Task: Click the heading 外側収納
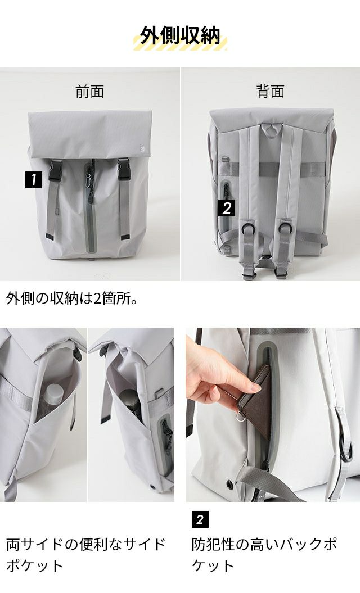[x=180, y=37]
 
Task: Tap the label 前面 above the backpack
[x=89, y=92]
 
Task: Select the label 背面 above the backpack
[x=271, y=92]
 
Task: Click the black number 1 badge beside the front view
[x=34, y=180]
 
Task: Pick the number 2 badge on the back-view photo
[x=227, y=208]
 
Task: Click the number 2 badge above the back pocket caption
[x=200, y=519]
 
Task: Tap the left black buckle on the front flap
[x=55, y=170]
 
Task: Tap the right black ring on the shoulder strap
[x=285, y=228]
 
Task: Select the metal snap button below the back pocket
[x=228, y=483]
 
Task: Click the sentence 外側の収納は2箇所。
[x=72, y=299]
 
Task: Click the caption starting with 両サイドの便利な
[x=86, y=555]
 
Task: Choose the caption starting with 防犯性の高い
[x=264, y=555]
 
